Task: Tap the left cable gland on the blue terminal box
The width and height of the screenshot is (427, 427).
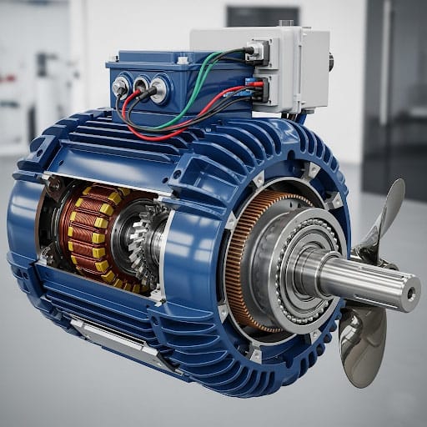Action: (x=121, y=84)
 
